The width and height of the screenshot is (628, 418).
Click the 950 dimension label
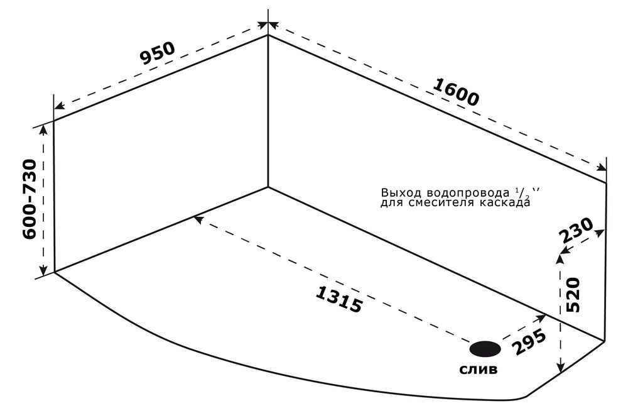(x=156, y=55)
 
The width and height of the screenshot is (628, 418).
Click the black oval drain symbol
(x=485, y=348)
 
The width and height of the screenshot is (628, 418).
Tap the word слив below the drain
(x=479, y=370)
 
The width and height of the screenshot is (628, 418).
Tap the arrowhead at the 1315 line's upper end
(x=197, y=218)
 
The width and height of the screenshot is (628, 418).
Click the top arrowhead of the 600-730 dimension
(x=43, y=128)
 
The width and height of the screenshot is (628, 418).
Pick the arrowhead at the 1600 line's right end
(x=602, y=168)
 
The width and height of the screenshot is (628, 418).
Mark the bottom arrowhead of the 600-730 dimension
(x=43, y=271)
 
